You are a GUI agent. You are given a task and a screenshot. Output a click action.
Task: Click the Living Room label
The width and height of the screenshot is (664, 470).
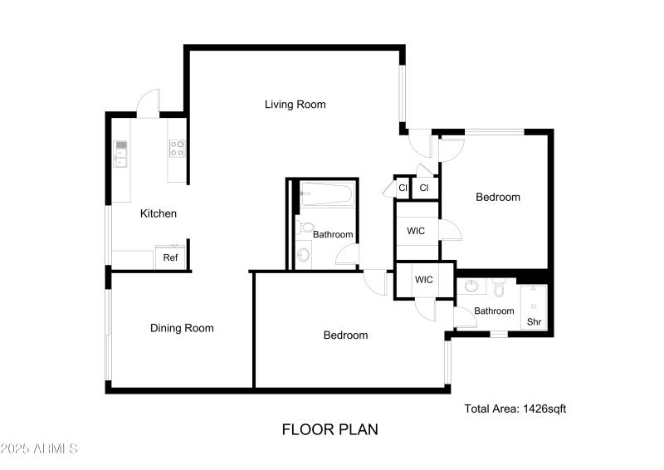[x=295, y=105]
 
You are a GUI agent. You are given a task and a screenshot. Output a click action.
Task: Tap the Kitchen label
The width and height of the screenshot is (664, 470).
[x=158, y=213]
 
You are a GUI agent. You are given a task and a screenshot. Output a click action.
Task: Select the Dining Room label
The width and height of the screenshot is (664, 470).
[x=182, y=328]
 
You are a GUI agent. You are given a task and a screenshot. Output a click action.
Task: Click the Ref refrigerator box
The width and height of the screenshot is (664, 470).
[x=170, y=257]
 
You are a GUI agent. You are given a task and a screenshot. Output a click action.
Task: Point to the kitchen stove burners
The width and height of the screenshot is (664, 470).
[x=177, y=149]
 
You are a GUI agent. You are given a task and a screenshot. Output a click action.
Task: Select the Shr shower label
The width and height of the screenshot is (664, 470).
[x=534, y=321]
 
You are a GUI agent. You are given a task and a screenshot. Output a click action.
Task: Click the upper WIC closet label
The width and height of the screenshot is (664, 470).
[x=416, y=231]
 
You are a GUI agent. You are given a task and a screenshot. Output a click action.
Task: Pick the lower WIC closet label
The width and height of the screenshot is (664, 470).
[x=424, y=280]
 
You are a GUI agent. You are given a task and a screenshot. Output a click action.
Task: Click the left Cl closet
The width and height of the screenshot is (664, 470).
[x=403, y=188]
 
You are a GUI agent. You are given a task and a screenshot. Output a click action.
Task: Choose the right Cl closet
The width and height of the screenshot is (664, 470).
[x=424, y=188]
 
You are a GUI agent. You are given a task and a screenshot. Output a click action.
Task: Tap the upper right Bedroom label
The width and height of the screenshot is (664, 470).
[x=498, y=197]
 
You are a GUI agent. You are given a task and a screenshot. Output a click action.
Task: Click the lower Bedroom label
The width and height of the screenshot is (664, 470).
[x=345, y=335]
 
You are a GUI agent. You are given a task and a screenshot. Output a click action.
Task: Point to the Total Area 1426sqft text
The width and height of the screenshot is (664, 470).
[x=515, y=408]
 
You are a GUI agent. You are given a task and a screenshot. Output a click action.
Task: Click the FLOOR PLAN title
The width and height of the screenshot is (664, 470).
[x=330, y=429]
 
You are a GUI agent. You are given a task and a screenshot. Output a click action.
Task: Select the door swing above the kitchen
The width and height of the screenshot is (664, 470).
[x=149, y=104]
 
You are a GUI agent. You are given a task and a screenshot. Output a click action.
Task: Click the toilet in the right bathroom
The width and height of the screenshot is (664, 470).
[x=499, y=288]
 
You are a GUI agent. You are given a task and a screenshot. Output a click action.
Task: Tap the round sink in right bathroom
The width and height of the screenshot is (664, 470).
[x=473, y=287]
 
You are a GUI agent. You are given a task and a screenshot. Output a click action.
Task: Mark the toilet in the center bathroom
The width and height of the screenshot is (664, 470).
[x=305, y=227]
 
